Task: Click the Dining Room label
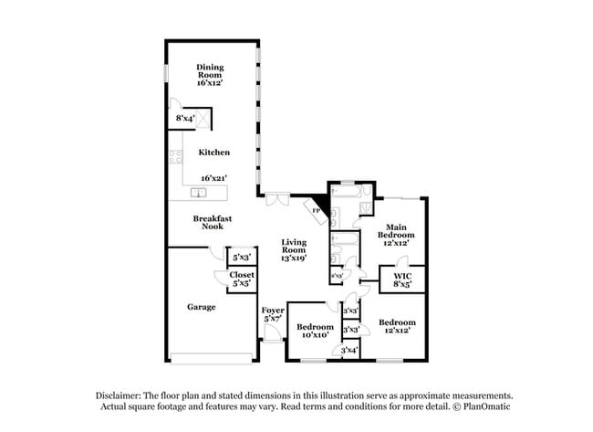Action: [x=212, y=74]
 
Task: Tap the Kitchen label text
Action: [x=214, y=153]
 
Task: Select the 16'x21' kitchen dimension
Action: [x=213, y=178]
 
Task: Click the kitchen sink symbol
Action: [x=198, y=193]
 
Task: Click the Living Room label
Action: [x=293, y=249]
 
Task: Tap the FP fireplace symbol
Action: [x=317, y=210]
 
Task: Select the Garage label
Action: [x=201, y=307]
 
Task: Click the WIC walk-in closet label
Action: [x=402, y=279]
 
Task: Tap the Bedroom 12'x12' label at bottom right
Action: [x=397, y=326]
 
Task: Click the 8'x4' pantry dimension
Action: [x=185, y=119]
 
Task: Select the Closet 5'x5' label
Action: [x=242, y=279]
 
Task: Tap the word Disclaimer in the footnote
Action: [x=124, y=395]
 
